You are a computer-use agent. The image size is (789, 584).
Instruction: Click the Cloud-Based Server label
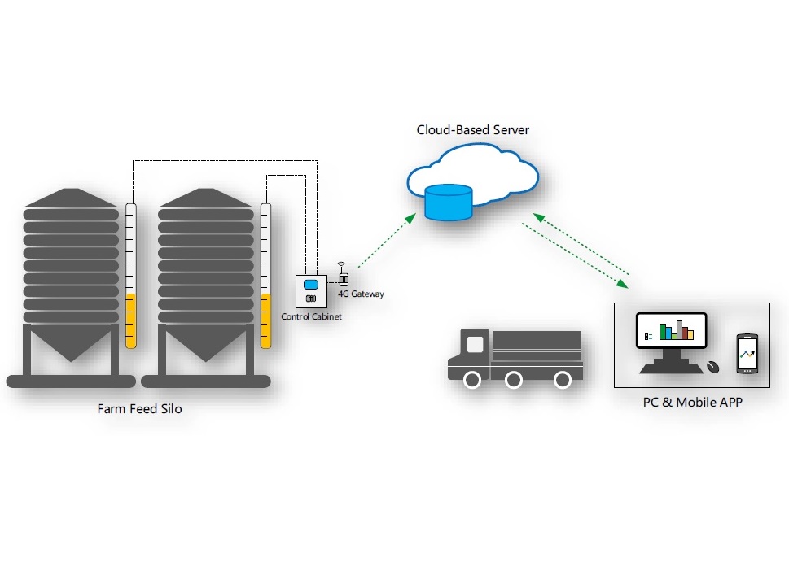[x=473, y=130]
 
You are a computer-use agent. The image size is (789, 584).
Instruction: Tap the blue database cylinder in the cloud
[x=448, y=203]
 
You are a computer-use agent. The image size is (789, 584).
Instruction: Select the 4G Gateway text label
[x=361, y=294]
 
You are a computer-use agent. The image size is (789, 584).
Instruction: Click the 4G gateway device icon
[x=343, y=279]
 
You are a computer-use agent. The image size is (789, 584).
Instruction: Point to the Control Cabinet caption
[x=312, y=316]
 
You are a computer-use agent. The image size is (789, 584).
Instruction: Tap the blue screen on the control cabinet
[x=310, y=285]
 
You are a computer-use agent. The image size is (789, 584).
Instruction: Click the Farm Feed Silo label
[x=139, y=409]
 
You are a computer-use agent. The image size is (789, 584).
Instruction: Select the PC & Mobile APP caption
[x=691, y=402]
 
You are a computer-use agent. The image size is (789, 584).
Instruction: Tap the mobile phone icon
[x=747, y=354]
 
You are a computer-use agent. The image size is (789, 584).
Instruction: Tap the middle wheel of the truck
[x=513, y=380]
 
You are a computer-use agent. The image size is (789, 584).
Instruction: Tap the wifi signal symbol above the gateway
[x=341, y=265]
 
